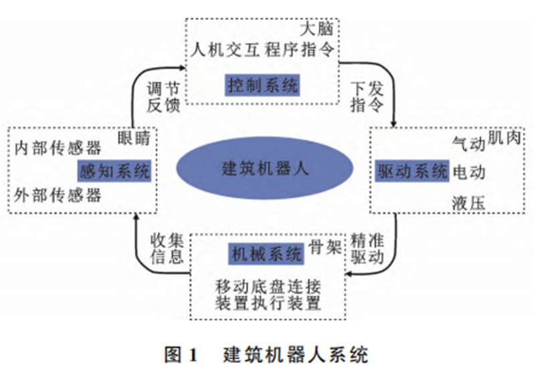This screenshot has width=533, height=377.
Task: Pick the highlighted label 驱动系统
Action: coord(411,171)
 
